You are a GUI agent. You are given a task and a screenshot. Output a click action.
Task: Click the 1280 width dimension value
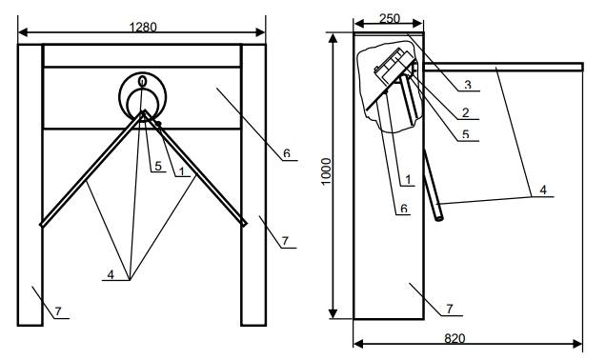(x=143, y=28)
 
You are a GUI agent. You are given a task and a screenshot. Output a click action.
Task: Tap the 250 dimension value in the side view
(x=389, y=18)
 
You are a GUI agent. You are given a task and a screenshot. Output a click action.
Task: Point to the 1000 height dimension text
(x=327, y=171)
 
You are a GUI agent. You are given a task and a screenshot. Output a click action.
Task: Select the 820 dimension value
(x=454, y=339)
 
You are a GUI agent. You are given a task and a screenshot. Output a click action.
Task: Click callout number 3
(x=468, y=85)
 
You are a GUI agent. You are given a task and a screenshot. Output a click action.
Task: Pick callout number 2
(x=465, y=112)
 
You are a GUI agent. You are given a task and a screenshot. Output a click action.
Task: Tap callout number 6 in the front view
(x=287, y=153)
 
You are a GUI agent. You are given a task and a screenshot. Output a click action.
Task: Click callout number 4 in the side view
(x=543, y=190)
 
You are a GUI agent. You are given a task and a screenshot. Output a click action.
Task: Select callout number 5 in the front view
(x=158, y=166)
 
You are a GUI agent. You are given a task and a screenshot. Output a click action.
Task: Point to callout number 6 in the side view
(x=404, y=209)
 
